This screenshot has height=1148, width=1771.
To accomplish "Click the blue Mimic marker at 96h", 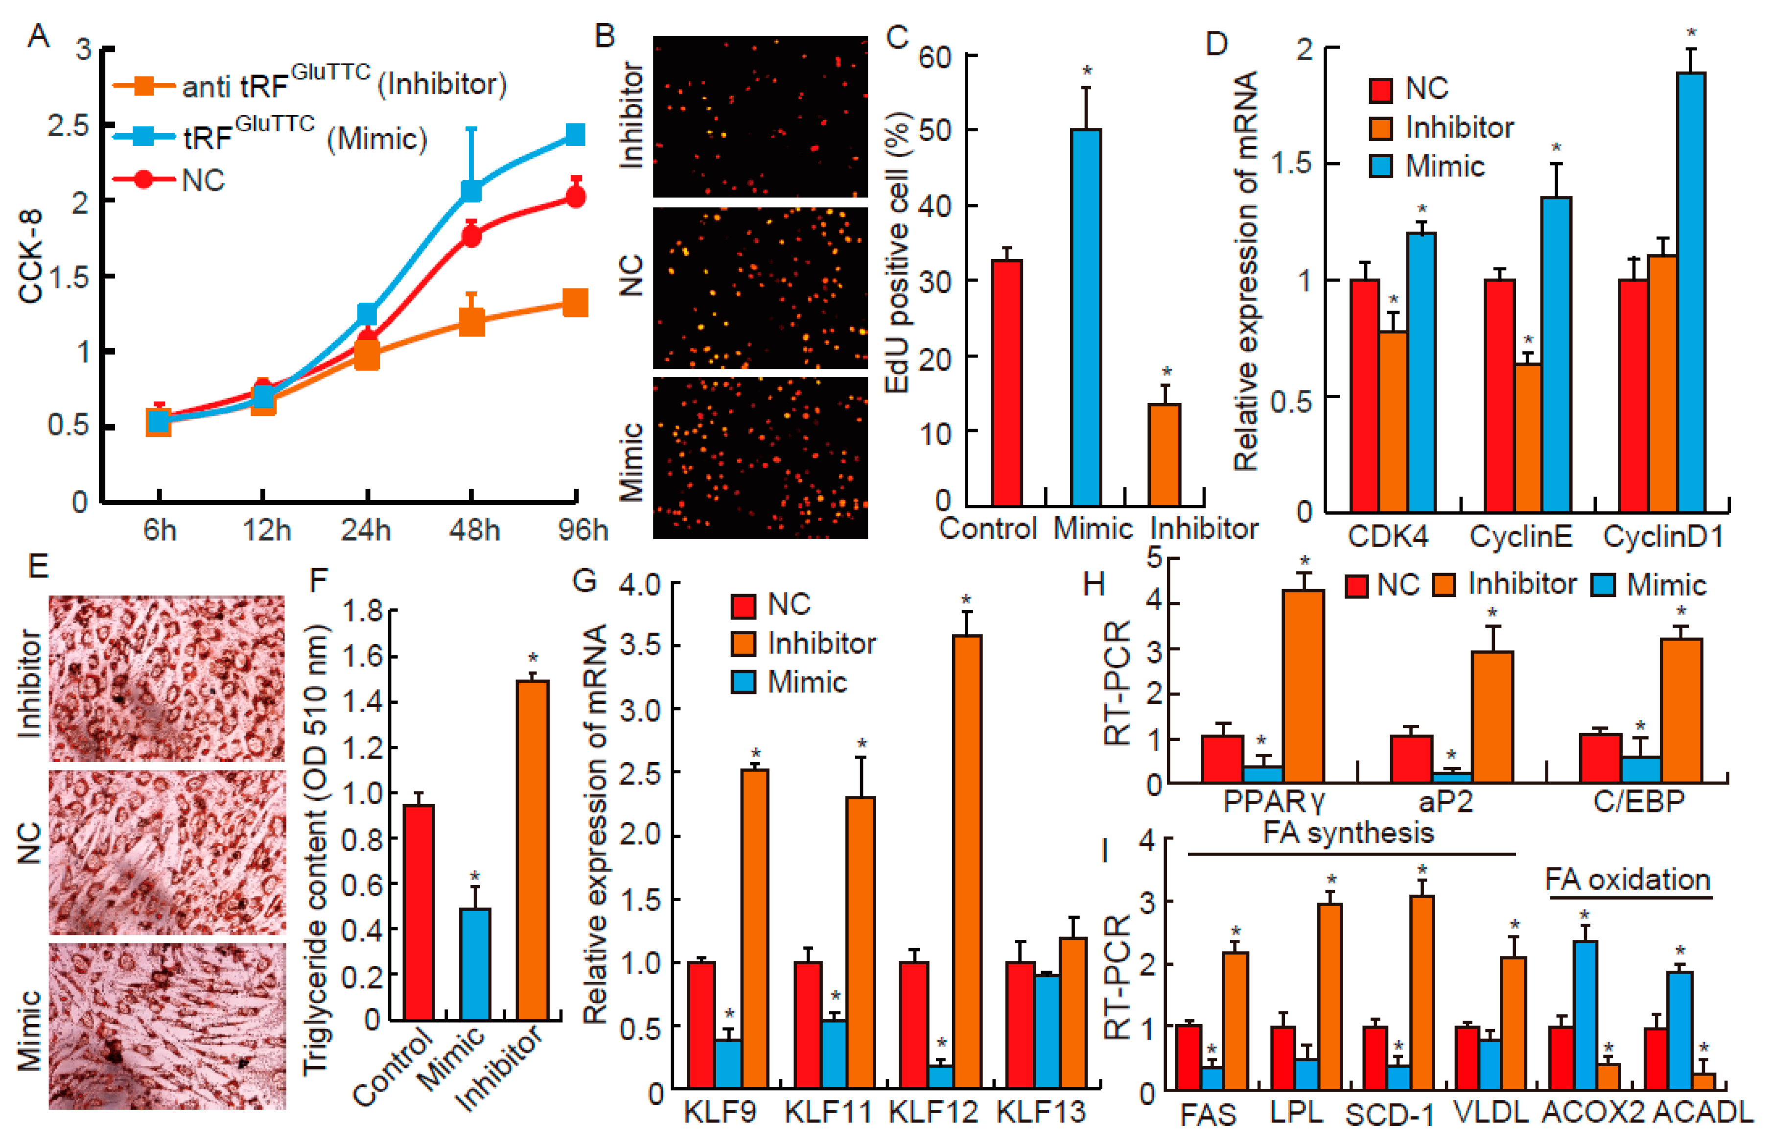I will pos(575,135).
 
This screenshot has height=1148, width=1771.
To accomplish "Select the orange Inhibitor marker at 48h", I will pos(471,322).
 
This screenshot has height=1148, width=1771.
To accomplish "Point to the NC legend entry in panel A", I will pos(202,180).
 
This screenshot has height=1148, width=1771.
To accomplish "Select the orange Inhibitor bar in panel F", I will pos(533,849).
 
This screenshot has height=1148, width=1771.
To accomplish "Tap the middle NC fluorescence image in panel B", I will pos(760,287).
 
